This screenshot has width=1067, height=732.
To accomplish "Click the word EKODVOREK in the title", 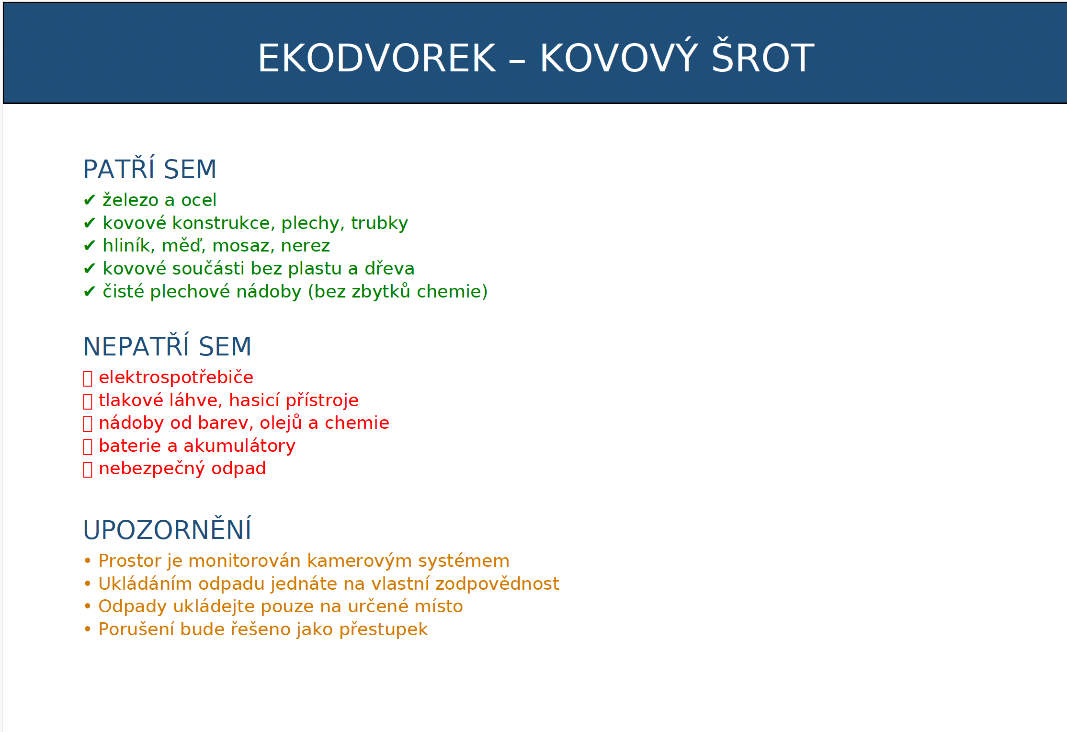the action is tap(377, 58).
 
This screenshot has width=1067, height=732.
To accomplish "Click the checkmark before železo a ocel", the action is tap(90, 200).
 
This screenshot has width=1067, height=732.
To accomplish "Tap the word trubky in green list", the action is tap(379, 223).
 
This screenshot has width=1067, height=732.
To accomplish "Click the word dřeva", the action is tap(389, 268).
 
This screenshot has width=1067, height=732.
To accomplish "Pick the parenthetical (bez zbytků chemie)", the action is tap(397, 291).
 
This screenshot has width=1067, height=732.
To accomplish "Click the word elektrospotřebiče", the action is tap(176, 377).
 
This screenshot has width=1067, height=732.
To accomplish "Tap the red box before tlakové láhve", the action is tap(88, 401).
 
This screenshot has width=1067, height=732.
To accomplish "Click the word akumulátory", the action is tap(239, 446).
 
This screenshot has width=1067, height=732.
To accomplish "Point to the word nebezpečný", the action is tap(152, 468).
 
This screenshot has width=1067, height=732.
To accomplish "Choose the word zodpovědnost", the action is tap(497, 583).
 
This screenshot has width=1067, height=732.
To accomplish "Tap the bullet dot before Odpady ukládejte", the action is tap(88, 606).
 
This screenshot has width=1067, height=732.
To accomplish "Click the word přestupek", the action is tap(383, 629).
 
